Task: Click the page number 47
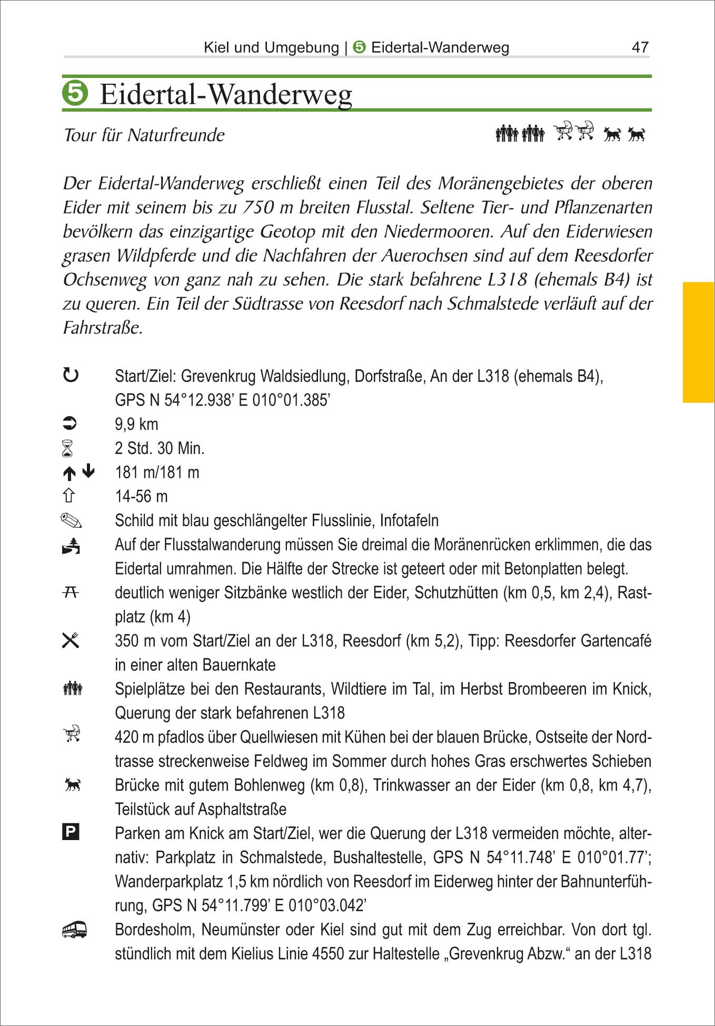tap(640, 47)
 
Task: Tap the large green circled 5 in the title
tap(75, 93)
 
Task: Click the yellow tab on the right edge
tap(698, 342)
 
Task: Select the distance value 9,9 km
tap(136, 424)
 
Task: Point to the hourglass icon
tap(67, 449)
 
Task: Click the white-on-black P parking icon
tap(71, 832)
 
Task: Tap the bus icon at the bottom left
tap(74, 930)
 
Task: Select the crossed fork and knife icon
tap(71, 640)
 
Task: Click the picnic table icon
tap(71, 593)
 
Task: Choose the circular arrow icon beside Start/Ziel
tap(71, 376)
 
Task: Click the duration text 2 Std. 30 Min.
tap(160, 448)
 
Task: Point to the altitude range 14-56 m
tap(141, 496)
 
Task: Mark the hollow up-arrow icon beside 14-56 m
tap(69, 496)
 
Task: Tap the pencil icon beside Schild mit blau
tap(71, 521)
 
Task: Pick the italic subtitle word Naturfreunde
tap(176, 135)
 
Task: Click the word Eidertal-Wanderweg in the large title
tap(226, 95)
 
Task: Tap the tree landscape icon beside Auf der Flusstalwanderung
tap(71, 546)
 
